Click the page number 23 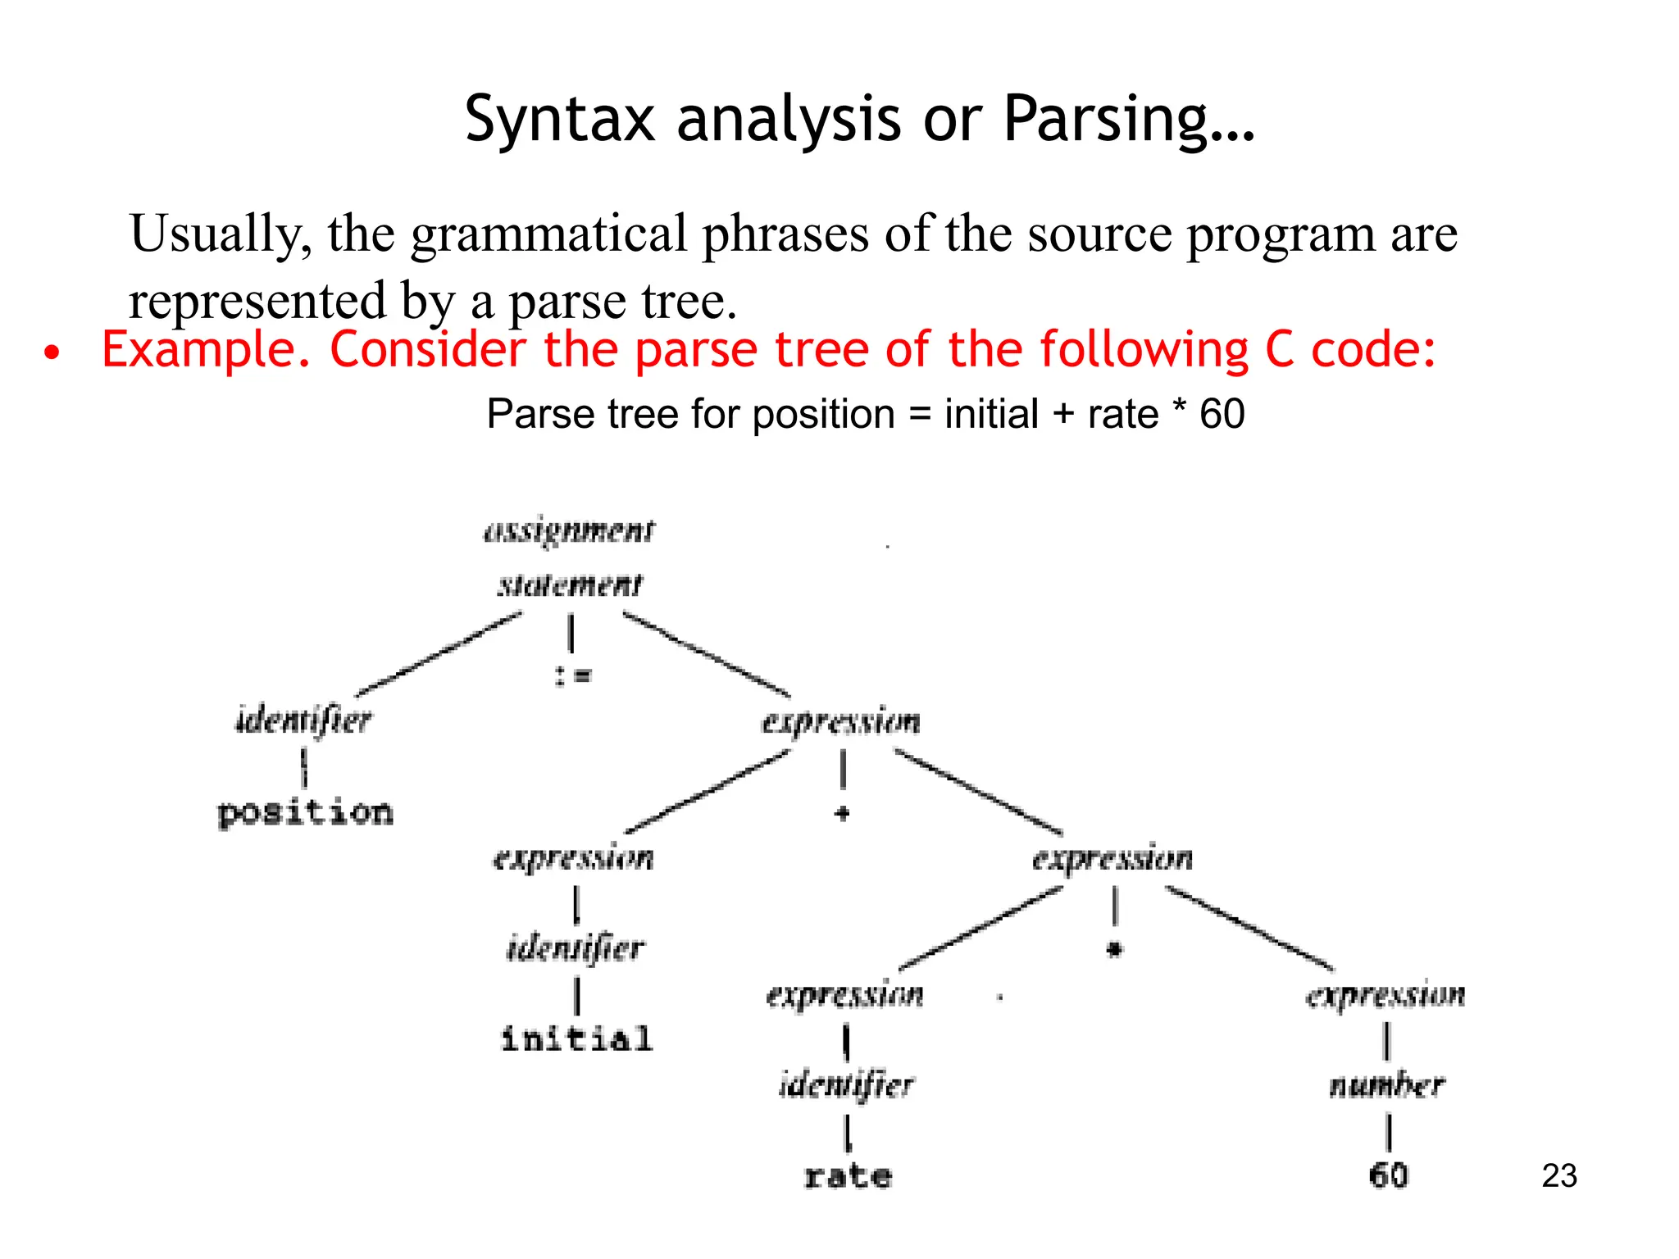[1558, 1175]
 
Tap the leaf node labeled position [305, 812]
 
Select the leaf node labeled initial [576, 1039]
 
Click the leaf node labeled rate [848, 1176]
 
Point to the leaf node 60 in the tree [1388, 1175]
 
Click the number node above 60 [1386, 1085]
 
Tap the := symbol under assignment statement [572, 675]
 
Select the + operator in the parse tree [841, 813]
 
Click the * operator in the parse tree [1113, 950]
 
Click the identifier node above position [303, 720]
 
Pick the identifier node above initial [576, 948]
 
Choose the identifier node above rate [846, 1085]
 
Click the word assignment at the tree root [569, 531]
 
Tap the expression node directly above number [1386, 995]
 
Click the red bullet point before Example [52, 353]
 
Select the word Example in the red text [205, 351]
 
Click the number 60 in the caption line [1222, 414]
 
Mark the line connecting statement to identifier [439, 654]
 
